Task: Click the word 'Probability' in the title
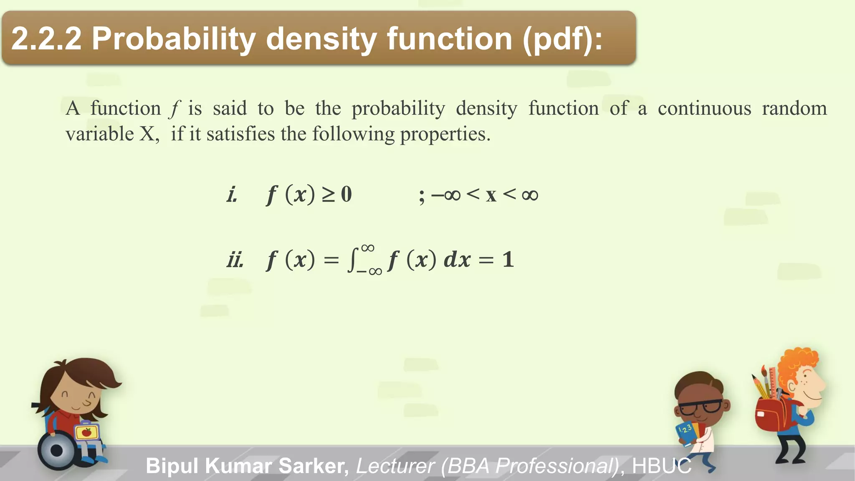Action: (x=173, y=39)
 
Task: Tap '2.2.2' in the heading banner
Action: (x=46, y=39)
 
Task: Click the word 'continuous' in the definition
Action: (x=704, y=109)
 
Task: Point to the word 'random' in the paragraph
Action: (x=794, y=109)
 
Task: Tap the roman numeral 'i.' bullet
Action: (x=232, y=195)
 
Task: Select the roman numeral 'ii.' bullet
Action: (x=235, y=260)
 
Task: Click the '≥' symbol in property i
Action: (x=328, y=195)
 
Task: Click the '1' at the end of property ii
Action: (x=508, y=260)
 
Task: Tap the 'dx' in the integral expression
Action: (x=457, y=260)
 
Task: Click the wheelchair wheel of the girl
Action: (x=57, y=451)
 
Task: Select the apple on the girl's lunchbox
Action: (x=86, y=432)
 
